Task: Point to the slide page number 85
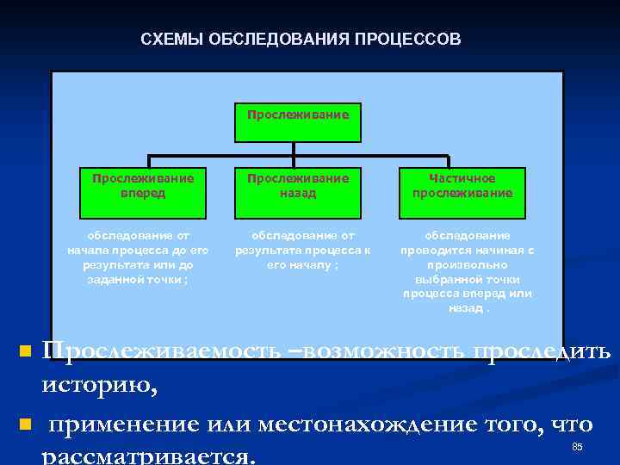click(x=577, y=447)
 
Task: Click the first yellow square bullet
click(x=25, y=351)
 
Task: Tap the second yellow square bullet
click(x=25, y=425)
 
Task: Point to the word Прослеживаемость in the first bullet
click(x=160, y=350)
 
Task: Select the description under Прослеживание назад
click(x=298, y=250)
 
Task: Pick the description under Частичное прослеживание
click(x=467, y=270)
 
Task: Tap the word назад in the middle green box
click(x=298, y=193)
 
